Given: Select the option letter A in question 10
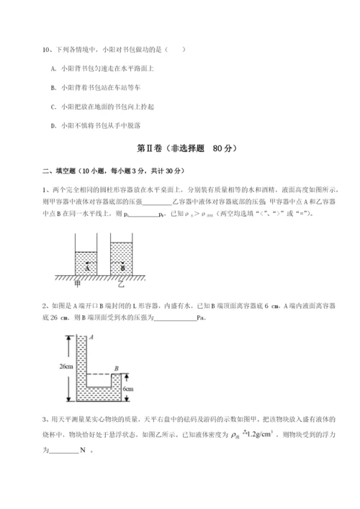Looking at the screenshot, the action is [55, 68].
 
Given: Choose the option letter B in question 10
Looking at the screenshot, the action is [55, 87].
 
